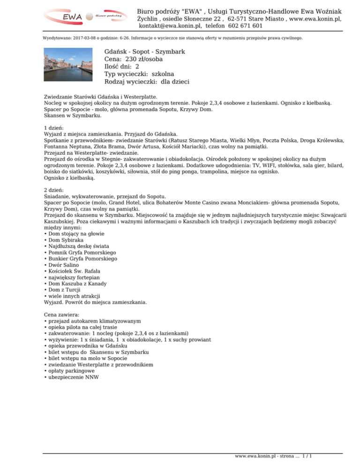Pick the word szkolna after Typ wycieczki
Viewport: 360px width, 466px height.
(163, 74)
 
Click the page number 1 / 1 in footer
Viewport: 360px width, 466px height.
(307, 455)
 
